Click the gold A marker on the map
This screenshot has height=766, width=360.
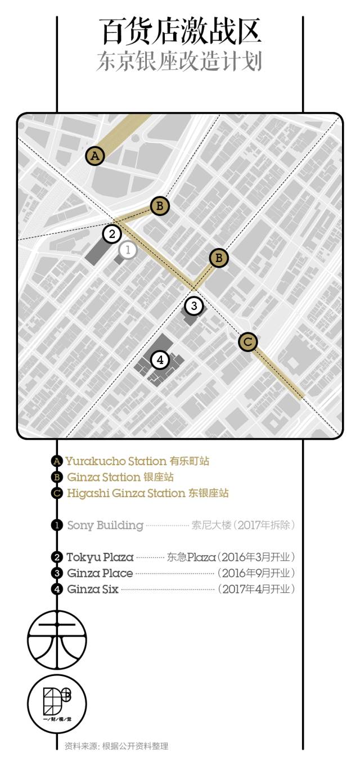point(95,156)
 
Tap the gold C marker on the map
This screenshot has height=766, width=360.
point(248,341)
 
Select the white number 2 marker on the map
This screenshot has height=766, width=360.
point(112,233)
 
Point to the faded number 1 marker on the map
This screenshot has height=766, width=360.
point(128,250)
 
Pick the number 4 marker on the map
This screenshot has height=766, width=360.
point(160,360)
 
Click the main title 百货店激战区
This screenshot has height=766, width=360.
point(181,31)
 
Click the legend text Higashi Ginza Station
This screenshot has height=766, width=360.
point(126,493)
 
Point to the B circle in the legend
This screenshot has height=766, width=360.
point(56,477)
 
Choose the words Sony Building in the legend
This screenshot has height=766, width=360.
point(105,525)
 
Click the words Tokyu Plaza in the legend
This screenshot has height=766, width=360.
point(100,557)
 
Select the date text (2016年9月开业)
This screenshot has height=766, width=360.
point(256,573)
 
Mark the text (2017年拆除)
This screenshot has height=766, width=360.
point(263,525)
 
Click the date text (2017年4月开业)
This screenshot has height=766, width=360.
point(256,589)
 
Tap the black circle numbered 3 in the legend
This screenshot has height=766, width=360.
point(56,574)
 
